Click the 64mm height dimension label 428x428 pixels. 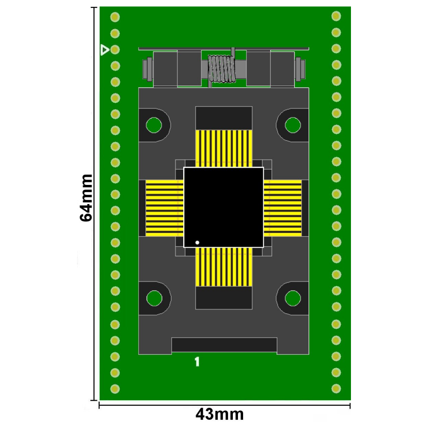[x=86, y=198]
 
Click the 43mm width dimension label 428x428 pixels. [x=220, y=414]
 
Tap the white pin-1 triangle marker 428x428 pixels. [x=104, y=50]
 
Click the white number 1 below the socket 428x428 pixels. [x=197, y=362]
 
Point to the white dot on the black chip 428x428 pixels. [x=197, y=243]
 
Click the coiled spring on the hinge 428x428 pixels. [x=221, y=68]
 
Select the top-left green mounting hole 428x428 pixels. [x=154, y=125]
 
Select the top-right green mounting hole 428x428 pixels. [x=293, y=125]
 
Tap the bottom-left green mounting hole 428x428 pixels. [x=154, y=298]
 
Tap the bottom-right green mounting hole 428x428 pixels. [x=293, y=298]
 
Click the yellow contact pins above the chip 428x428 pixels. [x=223, y=148]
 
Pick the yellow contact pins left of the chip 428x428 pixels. [x=164, y=208]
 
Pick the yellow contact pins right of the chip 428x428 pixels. [x=282, y=208]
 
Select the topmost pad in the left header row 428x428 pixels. [x=115, y=17]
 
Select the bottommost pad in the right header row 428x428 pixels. [x=336, y=388]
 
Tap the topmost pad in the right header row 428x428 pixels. [x=336, y=16]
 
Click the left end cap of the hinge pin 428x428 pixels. [x=148, y=68]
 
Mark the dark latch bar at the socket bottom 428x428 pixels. [x=224, y=345]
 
